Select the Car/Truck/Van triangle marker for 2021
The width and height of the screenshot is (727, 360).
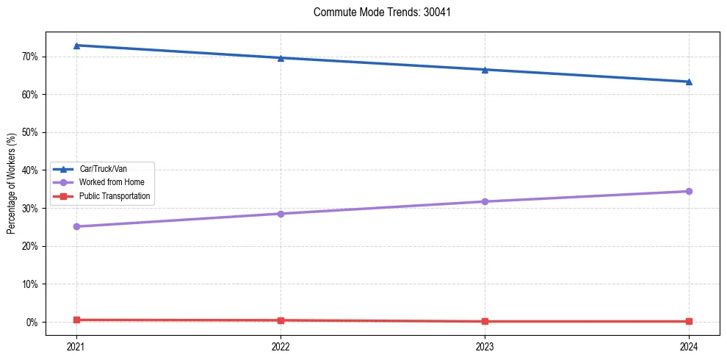76,46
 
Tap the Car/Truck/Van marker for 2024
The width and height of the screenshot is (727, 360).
689,82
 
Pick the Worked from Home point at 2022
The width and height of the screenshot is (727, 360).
281,214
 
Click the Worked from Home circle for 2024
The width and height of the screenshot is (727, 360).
689,191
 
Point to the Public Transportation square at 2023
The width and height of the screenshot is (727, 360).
485,321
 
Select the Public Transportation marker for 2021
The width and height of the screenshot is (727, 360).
76,320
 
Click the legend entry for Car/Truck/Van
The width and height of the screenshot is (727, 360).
103,169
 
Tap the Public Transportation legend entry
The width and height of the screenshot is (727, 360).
115,196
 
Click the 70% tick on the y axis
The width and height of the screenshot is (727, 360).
30,57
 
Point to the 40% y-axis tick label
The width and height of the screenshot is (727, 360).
30,170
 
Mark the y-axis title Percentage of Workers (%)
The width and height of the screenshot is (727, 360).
11,183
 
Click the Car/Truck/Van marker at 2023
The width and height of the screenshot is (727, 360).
485,70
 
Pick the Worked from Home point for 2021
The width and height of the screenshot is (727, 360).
76,226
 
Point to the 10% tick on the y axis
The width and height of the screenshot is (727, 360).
30,284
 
